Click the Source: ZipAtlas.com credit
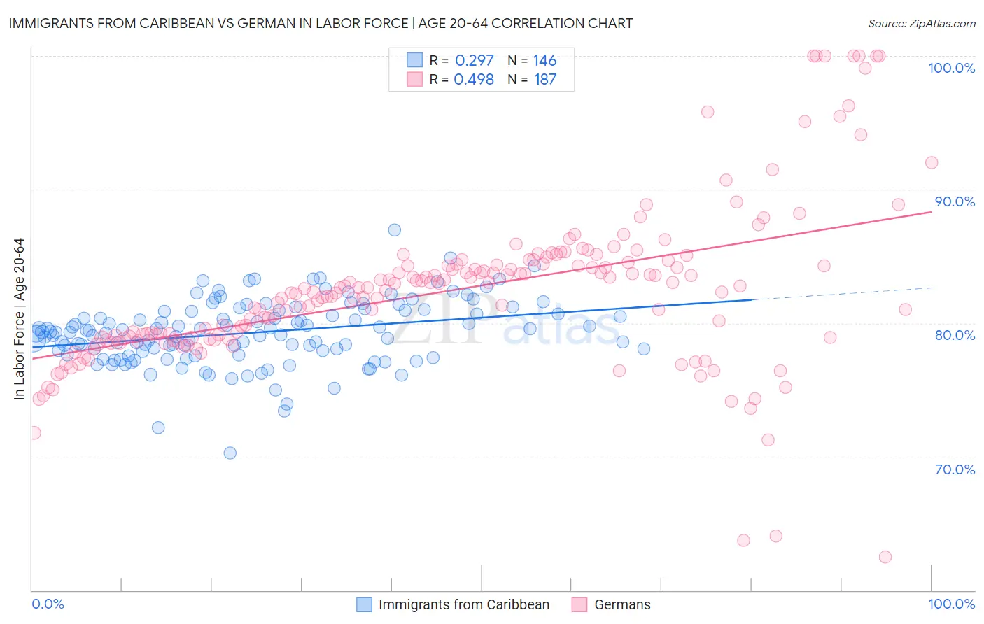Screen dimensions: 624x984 (921, 23)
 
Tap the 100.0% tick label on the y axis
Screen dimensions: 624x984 (951, 68)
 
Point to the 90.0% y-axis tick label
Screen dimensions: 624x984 (955, 201)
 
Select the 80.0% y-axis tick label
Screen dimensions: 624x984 (955, 335)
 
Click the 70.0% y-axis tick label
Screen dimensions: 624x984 (955, 469)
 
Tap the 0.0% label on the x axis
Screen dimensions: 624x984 (48, 604)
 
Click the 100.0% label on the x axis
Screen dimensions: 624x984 (951, 604)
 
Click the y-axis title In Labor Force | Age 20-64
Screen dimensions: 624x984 (19, 319)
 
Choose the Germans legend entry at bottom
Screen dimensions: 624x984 (622, 604)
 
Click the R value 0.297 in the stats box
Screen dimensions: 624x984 (474, 60)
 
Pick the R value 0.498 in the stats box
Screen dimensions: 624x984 (474, 79)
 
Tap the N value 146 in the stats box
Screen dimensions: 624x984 (544, 60)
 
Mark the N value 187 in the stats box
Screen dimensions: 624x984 (544, 79)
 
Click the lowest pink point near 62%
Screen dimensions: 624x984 (885, 557)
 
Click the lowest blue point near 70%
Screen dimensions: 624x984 (230, 453)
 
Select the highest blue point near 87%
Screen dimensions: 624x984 (395, 230)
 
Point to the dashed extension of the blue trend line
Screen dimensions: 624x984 (840, 293)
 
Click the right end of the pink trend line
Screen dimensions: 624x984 (930, 211)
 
